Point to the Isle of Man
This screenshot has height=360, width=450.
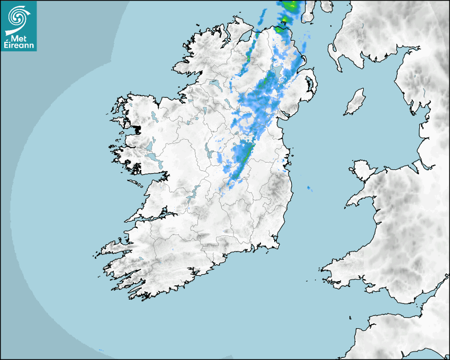tap(355, 102)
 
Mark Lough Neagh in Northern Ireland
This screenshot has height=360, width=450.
tap(279, 74)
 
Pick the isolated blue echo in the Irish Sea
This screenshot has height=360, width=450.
tap(309, 188)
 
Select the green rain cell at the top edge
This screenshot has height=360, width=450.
tap(290, 6)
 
